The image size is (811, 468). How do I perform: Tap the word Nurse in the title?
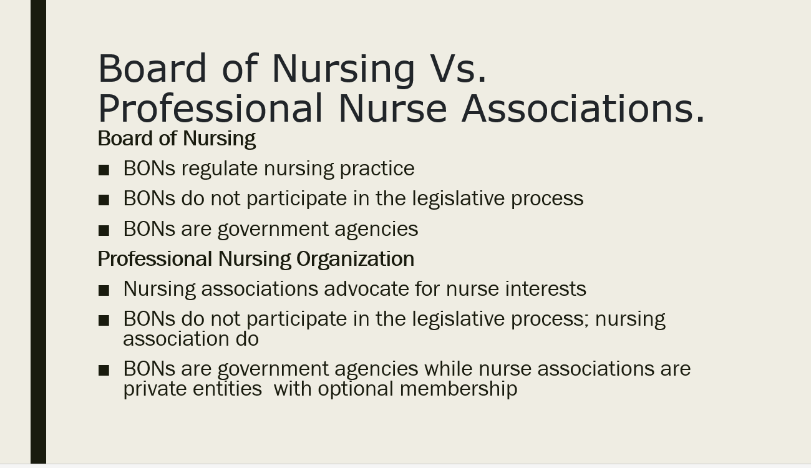(x=393, y=109)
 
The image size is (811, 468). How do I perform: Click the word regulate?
(x=220, y=169)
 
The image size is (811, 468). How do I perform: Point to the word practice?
(x=377, y=169)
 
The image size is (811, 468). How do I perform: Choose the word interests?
(x=516, y=289)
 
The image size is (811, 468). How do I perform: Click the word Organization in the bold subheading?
(x=355, y=260)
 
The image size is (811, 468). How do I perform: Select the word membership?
(x=459, y=389)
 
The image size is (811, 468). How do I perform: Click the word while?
(x=448, y=369)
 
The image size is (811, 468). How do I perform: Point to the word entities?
(x=227, y=389)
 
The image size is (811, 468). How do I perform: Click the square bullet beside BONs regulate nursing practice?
(x=104, y=170)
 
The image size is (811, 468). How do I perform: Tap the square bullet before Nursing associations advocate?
(x=104, y=290)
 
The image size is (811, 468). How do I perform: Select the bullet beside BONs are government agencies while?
(x=104, y=370)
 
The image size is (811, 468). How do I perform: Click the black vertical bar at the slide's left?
(x=39, y=232)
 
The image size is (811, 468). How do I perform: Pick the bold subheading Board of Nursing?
(x=177, y=139)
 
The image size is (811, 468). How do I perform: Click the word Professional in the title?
(x=210, y=109)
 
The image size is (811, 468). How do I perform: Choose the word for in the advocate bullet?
(x=427, y=289)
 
